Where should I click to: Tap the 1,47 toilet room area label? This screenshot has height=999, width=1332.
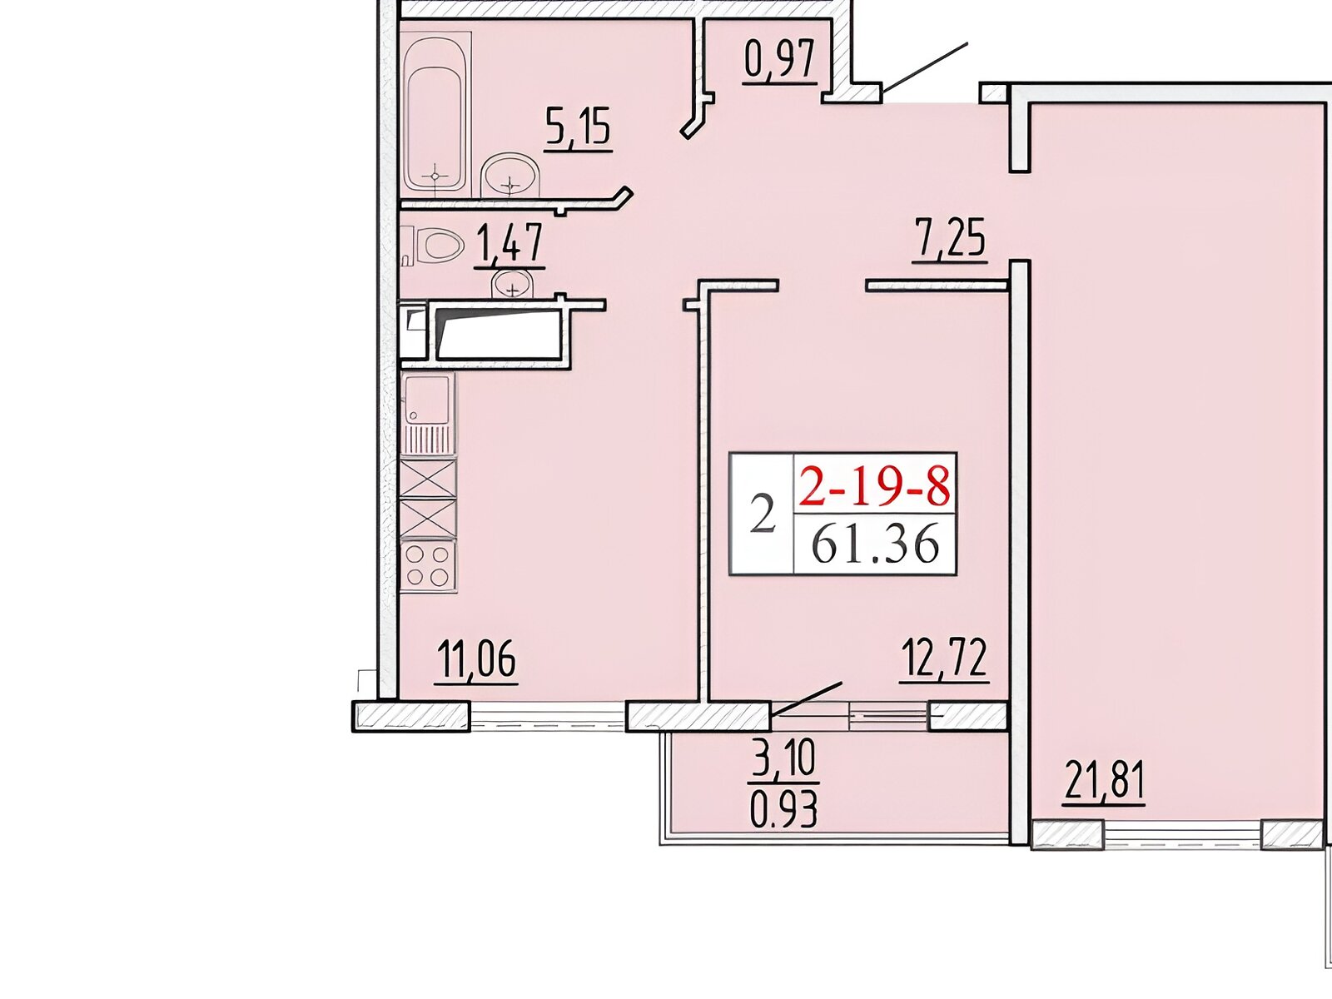pos(510,243)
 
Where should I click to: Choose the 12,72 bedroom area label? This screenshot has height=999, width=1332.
pos(945,659)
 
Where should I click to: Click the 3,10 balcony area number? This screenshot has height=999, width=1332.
pos(783,758)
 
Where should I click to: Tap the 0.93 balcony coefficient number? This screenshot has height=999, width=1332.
pos(784,810)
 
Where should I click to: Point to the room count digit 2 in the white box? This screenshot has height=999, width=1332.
pos(763,513)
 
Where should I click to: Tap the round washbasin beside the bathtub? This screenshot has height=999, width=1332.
pos(509,175)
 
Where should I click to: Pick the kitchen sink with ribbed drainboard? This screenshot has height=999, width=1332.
pos(428,413)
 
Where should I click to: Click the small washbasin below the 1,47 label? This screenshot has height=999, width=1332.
pos(513,285)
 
